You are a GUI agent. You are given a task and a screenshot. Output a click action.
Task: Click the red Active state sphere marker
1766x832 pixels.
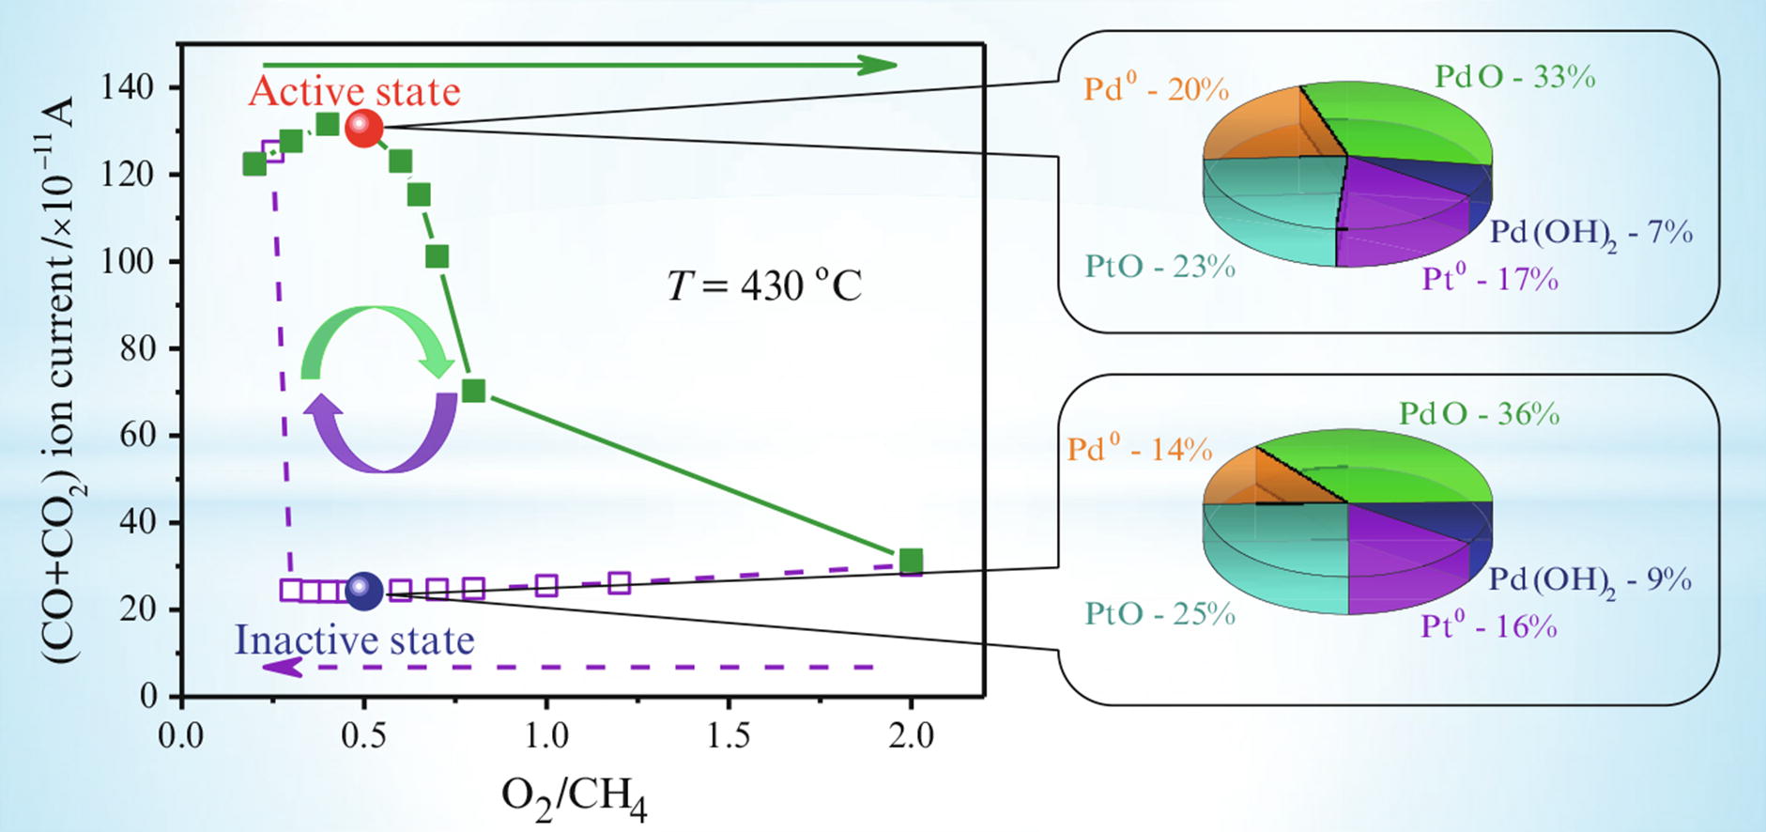point(363,128)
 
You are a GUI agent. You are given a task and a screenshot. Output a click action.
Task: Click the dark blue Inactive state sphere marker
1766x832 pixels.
point(364,591)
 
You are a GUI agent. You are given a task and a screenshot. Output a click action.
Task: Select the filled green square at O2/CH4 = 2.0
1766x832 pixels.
point(910,561)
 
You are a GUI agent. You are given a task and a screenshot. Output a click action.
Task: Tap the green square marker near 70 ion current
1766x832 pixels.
point(474,391)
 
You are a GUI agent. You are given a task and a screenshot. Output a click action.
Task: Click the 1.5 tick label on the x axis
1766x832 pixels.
point(729,735)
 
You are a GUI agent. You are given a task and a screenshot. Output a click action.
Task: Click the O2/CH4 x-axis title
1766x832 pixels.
point(574,797)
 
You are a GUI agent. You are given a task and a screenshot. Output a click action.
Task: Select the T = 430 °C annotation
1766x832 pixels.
point(763,285)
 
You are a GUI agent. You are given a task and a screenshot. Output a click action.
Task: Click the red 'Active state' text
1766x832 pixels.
point(355,92)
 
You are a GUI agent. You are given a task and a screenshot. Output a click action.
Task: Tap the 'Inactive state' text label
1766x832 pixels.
point(354,640)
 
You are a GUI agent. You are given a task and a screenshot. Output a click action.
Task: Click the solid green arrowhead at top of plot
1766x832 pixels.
point(877,65)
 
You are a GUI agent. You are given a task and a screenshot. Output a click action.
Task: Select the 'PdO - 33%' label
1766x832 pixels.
point(1514,77)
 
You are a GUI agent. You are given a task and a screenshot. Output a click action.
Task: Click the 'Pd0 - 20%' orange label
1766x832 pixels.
point(1156,89)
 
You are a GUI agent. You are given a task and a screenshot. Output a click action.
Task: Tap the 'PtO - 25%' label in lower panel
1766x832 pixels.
point(1159,614)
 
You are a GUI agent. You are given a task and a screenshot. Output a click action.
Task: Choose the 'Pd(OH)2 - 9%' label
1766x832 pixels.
point(1589,580)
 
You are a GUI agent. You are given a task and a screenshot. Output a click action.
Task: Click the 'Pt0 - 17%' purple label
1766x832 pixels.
point(1489,279)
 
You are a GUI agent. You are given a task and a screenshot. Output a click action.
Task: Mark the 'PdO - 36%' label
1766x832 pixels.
point(1479,414)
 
